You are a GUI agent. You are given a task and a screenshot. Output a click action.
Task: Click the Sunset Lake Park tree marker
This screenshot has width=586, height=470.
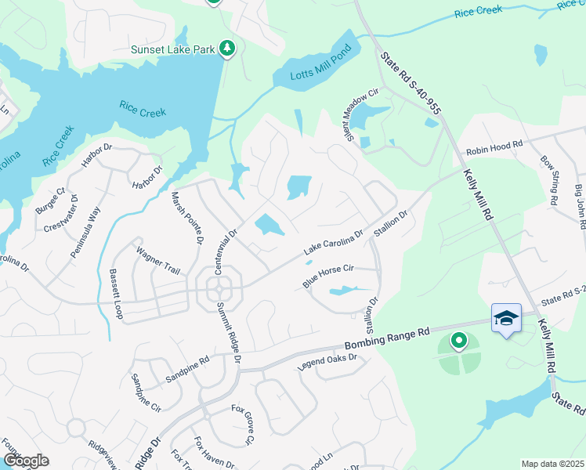[x=227, y=49]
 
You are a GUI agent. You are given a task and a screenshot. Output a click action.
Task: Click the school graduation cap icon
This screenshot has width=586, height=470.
[x=506, y=317]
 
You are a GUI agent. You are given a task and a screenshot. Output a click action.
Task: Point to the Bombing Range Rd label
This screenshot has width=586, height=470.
[x=389, y=338]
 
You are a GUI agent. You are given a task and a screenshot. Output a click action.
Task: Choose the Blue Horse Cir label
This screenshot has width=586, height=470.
[x=330, y=273]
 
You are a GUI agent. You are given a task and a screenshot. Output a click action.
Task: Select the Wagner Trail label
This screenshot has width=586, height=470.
[x=158, y=260]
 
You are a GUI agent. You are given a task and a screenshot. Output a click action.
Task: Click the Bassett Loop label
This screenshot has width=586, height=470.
[x=117, y=293]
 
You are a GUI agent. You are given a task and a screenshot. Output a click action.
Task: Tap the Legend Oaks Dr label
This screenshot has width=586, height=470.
[x=327, y=363]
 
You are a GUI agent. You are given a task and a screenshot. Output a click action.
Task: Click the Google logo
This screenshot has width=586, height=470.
[x=26, y=461]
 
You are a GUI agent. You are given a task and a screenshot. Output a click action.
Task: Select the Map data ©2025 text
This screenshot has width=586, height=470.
[x=552, y=464]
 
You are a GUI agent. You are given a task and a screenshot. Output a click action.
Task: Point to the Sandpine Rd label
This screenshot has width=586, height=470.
[x=188, y=370]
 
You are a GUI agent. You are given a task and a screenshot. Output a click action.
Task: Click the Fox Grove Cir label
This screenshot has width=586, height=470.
[x=242, y=425]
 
